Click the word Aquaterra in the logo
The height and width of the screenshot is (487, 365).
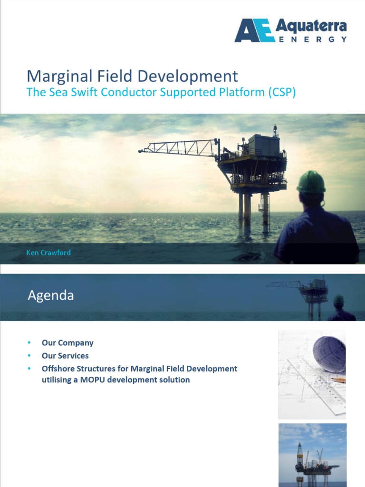coord(311,26)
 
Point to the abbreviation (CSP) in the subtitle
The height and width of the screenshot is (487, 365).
coord(281,92)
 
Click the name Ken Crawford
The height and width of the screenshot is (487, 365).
coord(48,253)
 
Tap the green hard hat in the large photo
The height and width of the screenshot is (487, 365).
coord(311,182)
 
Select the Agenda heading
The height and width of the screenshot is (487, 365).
coord(51,295)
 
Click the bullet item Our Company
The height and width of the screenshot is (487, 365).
coord(67,343)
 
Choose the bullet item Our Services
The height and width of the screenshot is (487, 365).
coord(65,356)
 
